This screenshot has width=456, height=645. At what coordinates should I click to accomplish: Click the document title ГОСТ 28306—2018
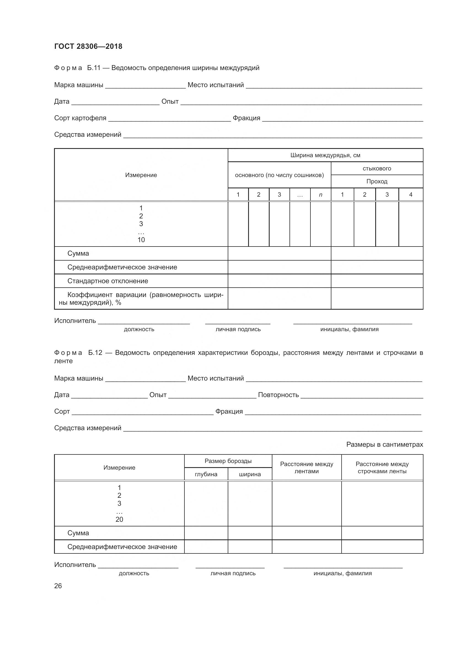point(88,46)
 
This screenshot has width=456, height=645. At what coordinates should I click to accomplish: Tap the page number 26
point(58,586)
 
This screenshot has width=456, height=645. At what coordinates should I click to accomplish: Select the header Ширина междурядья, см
point(325,155)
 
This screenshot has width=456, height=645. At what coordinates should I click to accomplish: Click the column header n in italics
point(320,195)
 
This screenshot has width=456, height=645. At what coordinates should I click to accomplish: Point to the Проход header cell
point(377,181)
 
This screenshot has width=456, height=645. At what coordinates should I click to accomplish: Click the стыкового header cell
point(377,168)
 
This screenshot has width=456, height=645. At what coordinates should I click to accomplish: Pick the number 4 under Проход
point(411,195)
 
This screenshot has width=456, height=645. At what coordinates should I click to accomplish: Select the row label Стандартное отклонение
point(108,281)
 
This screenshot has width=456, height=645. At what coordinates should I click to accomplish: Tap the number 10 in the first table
point(141,240)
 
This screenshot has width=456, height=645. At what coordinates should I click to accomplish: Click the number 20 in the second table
point(119,519)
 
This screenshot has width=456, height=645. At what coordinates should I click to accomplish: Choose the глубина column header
point(206,474)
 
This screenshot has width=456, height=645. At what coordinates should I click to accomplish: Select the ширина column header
point(250,474)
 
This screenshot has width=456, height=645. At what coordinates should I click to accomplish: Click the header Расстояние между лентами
point(306,467)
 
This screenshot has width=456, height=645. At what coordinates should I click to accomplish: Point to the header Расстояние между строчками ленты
point(382,467)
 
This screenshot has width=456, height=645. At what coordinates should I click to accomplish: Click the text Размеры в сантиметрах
point(384,445)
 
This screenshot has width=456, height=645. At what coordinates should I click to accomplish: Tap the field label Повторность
point(278,395)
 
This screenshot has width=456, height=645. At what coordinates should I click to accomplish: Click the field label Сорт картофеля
point(80,118)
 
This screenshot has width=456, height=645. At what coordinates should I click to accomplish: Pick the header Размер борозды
point(228,461)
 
